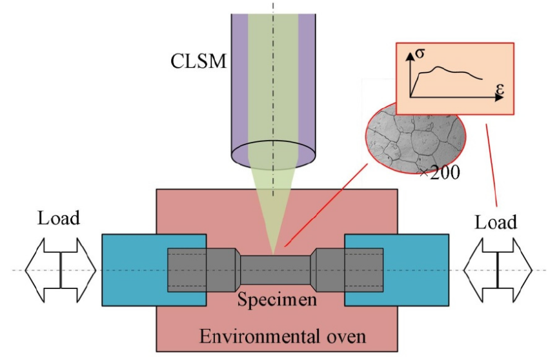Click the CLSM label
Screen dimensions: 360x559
[x=199, y=62]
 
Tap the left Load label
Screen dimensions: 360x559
[x=59, y=217]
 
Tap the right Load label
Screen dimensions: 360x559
[x=496, y=222]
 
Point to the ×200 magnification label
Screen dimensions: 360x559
[x=439, y=173]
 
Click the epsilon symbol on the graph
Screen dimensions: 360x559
[x=500, y=90]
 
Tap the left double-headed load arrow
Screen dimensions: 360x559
[x=60, y=269]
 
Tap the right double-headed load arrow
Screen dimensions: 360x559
[x=498, y=269]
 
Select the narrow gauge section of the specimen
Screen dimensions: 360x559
[x=276, y=269]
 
